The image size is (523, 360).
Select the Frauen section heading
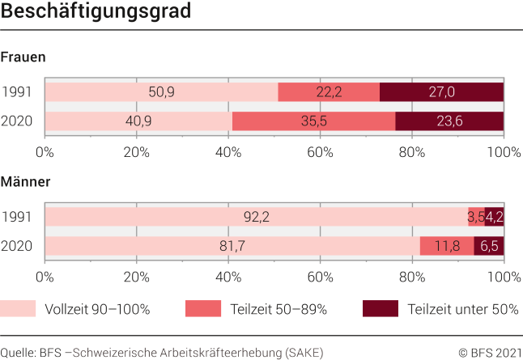click(x=23, y=57)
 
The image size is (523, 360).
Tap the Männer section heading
click(x=25, y=182)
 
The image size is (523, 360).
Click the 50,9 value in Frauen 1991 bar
click(x=161, y=91)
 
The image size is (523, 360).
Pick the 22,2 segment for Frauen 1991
click(x=329, y=91)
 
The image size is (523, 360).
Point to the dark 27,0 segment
click(x=441, y=91)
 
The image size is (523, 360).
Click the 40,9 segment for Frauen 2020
click(x=138, y=121)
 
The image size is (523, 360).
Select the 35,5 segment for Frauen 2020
click(x=314, y=121)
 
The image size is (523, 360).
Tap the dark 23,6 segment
click(x=449, y=121)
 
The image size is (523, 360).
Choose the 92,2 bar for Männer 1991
click(x=256, y=216)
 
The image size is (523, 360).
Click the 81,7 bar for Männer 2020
click(x=232, y=246)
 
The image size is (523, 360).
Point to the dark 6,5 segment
click(x=489, y=246)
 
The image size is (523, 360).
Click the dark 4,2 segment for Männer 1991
click(x=494, y=216)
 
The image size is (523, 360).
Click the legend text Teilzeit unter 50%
click(x=463, y=309)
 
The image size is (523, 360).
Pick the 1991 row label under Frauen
click(x=16, y=91)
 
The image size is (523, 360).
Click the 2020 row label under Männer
click(x=16, y=246)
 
